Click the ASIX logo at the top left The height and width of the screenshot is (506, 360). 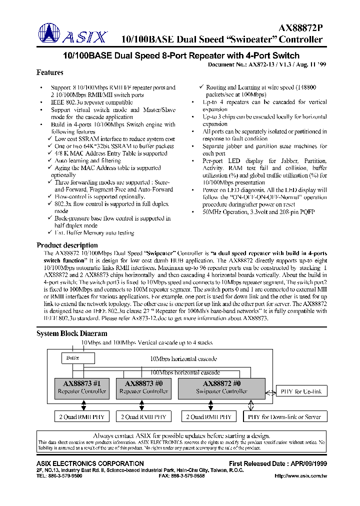[x=72, y=34]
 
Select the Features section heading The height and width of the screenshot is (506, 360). [x=50, y=73]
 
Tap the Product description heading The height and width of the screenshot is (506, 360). [x=67, y=245]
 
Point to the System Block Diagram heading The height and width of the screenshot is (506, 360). [x=71, y=333]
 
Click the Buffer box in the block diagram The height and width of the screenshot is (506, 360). [x=72, y=358]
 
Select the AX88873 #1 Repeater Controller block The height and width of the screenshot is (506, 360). [x=82, y=387]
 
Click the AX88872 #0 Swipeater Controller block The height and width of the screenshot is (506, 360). [x=221, y=387]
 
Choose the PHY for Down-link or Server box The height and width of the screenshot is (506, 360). [x=284, y=416]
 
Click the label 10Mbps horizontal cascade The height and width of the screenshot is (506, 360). [x=183, y=359]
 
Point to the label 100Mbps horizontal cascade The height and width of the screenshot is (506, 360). [x=185, y=372]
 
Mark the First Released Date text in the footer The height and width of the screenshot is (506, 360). [x=278, y=463]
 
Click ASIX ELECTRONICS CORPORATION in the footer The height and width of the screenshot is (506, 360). [x=90, y=463]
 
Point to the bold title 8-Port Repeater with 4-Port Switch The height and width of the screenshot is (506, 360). [x=180, y=55]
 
